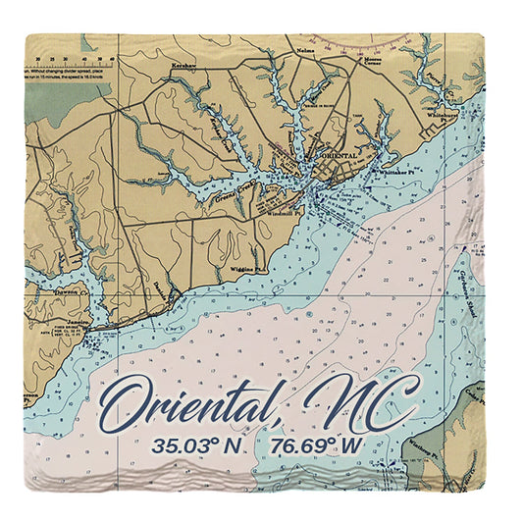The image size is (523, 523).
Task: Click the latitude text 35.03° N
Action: click(x=197, y=445)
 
